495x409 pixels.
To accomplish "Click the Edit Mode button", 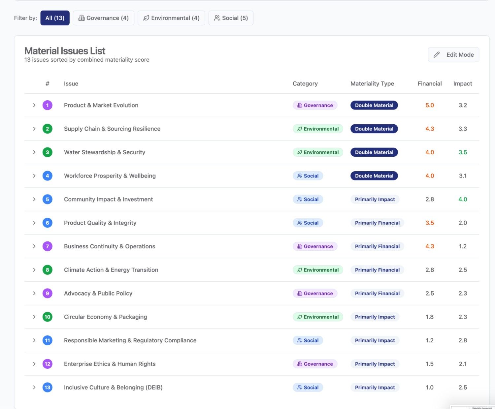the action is (453, 55).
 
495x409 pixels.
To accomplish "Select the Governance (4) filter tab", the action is (103, 18).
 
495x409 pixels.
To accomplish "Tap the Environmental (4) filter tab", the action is (171, 18).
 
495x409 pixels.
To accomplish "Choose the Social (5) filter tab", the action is (231, 18).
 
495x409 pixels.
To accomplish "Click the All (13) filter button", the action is (55, 18).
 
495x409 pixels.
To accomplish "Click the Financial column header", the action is (430, 84).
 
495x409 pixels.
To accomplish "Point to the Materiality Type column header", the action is (372, 84).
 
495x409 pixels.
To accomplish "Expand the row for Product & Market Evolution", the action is (34, 105).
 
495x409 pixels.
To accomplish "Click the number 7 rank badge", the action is (48, 246).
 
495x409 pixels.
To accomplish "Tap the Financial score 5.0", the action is (430, 105).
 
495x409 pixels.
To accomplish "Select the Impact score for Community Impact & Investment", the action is (463, 199).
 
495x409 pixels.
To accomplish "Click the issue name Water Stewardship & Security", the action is (105, 152).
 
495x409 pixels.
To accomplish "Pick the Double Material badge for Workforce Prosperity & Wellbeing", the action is (374, 176).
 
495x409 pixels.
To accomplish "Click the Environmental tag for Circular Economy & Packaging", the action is (318, 317).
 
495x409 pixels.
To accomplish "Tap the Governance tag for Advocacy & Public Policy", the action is (315, 293).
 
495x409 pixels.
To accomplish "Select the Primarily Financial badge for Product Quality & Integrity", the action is (377, 223).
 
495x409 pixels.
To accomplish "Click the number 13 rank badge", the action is (48, 387).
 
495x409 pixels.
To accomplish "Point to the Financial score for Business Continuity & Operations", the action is (430, 246).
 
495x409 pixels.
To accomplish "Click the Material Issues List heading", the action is (65, 51).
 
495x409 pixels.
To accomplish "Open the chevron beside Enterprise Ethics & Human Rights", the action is (34, 364).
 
